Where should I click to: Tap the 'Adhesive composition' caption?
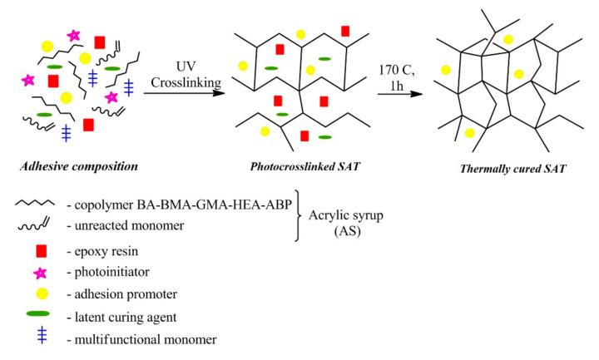[x=79, y=166]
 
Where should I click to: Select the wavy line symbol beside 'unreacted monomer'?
[x=35, y=226]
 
